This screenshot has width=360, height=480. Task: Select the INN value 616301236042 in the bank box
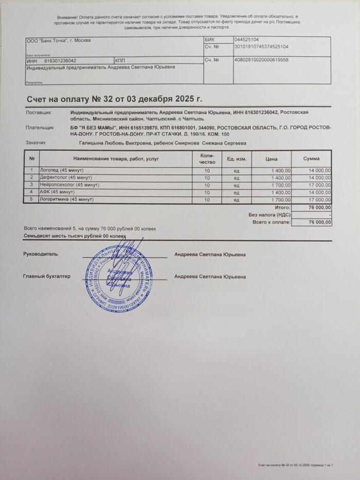tap(60, 60)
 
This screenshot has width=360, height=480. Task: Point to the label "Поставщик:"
tap(38, 112)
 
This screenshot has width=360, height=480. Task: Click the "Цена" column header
tap(272, 159)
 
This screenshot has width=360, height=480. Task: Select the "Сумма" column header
tap(311, 159)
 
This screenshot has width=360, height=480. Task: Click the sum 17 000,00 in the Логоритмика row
tap(319, 198)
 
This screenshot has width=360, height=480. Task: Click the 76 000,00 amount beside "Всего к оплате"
tap(319, 222)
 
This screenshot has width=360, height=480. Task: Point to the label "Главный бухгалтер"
tap(46, 276)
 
